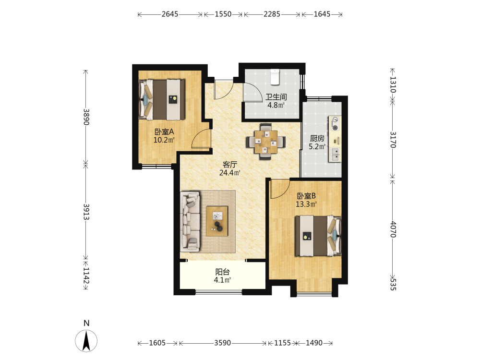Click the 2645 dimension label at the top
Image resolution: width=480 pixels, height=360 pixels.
tap(170, 14)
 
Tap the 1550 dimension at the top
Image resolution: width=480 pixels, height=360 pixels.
tap(223, 14)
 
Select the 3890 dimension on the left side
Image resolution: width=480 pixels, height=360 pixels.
tap(86, 117)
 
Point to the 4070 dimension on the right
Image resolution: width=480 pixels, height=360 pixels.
tap(393, 229)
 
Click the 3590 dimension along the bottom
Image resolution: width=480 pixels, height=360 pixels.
tap(223, 343)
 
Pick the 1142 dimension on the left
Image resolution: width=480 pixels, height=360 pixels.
tap(86, 276)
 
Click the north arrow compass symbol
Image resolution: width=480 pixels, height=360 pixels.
tap(86, 340)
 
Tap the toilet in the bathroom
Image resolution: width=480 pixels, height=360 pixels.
tap(275, 76)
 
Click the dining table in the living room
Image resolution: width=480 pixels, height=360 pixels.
tap(266, 142)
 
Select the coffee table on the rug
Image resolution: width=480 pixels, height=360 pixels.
tap(217, 221)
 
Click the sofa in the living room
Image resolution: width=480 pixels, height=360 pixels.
tap(190, 222)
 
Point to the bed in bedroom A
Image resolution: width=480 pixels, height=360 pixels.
tap(162, 100)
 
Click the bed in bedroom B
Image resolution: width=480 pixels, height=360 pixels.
tap(318, 236)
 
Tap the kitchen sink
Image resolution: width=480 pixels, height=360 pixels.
tap(335, 154)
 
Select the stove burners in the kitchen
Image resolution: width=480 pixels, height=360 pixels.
tap(336, 124)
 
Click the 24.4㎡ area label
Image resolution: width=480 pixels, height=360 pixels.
tap(229, 173)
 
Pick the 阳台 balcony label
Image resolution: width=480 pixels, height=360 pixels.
tap(223, 272)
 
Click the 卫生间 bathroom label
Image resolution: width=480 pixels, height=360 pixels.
tap(276, 97)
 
